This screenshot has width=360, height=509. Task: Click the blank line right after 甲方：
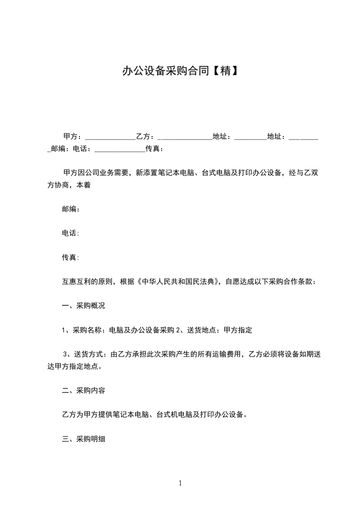(x=110, y=137)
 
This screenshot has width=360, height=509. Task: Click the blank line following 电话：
(x=118, y=149)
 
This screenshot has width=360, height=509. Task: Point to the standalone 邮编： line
(x=71, y=209)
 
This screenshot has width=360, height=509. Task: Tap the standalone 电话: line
(x=71, y=233)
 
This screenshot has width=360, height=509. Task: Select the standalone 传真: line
(x=71, y=257)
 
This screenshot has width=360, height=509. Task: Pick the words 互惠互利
(x=76, y=281)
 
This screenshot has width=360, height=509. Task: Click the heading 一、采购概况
(x=84, y=306)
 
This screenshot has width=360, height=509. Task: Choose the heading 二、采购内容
(x=84, y=390)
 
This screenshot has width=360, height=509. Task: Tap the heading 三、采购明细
(x=84, y=439)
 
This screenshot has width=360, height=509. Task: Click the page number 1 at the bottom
(x=180, y=483)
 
